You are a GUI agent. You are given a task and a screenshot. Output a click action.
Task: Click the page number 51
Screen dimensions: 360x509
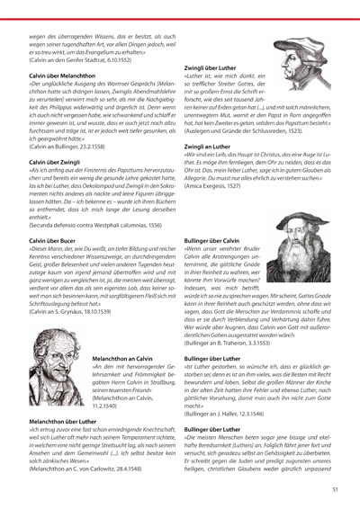(x=334, y=489)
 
